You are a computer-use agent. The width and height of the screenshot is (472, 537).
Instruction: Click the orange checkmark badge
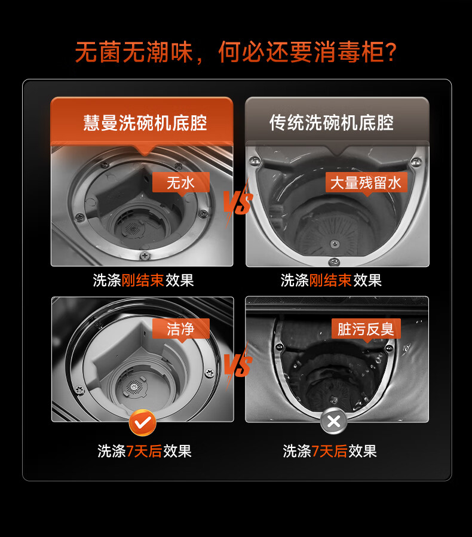tap(142, 423)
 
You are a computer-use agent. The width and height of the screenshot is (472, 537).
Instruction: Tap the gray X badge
tap(333, 421)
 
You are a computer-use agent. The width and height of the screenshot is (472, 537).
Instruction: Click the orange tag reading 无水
tap(181, 183)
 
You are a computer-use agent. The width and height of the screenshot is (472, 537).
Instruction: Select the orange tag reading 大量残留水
tap(366, 183)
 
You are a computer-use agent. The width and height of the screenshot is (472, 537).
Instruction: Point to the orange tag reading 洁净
tap(181, 329)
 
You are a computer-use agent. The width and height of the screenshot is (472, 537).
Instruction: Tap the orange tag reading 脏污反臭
tap(366, 329)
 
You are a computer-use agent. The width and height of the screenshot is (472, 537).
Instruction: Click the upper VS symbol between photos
tap(238, 202)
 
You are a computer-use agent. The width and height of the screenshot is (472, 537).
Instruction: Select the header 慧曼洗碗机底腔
tap(145, 123)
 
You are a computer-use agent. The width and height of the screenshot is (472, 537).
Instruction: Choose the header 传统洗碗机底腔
tap(332, 123)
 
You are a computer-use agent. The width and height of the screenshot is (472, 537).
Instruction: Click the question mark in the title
tap(391, 53)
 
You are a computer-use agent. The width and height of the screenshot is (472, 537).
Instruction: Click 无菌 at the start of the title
tap(99, 53)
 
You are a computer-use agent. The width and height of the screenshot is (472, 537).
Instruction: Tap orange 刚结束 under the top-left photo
tap(143, 281)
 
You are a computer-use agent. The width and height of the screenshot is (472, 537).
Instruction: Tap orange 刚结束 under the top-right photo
tap(330, 281)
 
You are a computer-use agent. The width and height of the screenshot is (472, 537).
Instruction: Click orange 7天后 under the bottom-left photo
tap(144, 451)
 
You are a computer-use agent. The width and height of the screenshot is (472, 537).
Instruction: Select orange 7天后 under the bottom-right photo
tap(330, 451)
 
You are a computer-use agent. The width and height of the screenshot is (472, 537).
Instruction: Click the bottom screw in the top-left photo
tap(145, 256)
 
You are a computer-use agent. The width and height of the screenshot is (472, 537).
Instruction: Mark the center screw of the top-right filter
tap(335, 244)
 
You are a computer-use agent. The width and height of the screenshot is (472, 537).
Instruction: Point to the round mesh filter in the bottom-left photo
tap(134, 386)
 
